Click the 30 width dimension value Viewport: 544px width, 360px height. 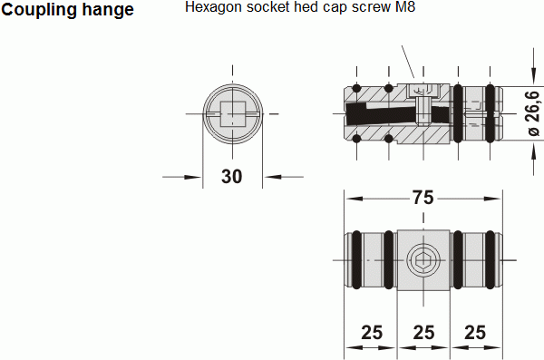[232, 176]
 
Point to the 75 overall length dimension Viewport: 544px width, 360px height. [423, 198]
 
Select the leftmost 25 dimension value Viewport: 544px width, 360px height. [372, 333]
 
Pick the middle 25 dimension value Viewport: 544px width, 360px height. [423, 333]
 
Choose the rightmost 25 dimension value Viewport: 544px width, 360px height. [475, 333]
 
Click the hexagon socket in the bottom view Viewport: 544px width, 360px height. [423, 260]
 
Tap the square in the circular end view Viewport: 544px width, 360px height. [233, 114]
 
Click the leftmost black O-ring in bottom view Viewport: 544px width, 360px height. [357, 259]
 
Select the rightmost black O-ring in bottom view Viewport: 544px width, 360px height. [490, 259]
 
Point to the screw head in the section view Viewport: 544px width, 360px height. [423, 91]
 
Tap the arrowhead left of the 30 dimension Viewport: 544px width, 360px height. [192, 177]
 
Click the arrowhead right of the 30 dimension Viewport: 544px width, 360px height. [272, 177]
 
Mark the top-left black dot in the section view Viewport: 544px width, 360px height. [356, 88]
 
